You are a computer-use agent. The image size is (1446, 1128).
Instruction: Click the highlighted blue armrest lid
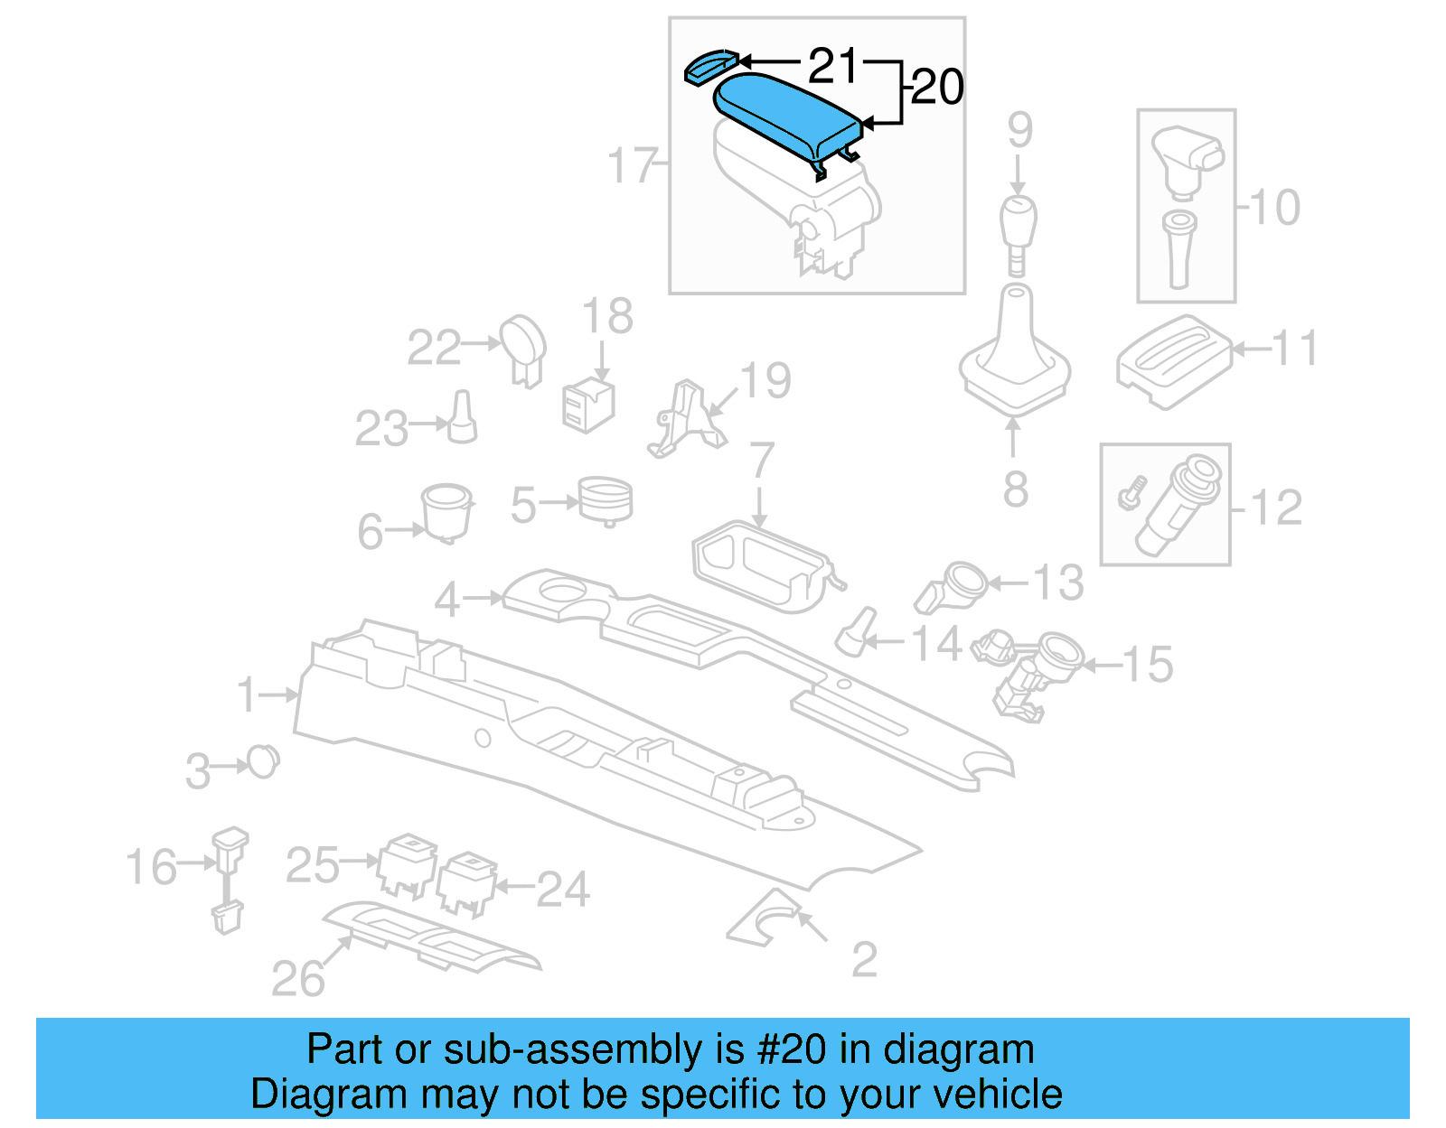click(784, 114)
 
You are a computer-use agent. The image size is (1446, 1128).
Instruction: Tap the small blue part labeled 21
click(709, 66)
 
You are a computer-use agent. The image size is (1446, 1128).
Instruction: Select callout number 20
click(937, 88)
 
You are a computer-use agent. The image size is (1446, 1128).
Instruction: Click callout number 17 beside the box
click(632, 165)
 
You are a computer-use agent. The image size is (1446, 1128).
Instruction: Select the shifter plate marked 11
click(1172, 359)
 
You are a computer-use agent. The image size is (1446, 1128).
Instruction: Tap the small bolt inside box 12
click(1131, 493)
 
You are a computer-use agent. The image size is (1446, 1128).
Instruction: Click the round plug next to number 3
click(263, 762)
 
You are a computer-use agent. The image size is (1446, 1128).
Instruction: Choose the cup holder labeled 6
click(446, 511)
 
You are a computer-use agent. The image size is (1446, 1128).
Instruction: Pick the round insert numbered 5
click(605, 499)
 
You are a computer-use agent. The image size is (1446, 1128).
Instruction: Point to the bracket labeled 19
click(684, 420)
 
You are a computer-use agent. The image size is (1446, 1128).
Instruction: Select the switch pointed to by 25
click(408, 864)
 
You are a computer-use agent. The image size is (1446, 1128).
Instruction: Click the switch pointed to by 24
click(466, 882)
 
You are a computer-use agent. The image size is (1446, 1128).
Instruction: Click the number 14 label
click(935, 644)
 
